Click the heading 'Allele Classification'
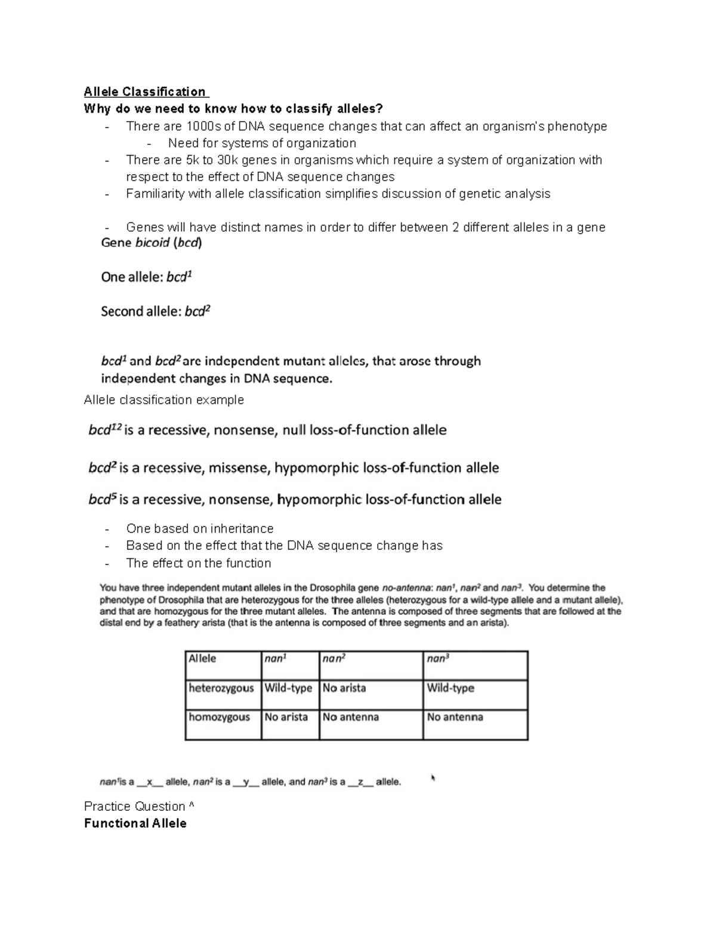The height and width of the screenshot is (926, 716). click(x=146, y=92)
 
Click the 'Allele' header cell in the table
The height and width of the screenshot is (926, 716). click(x=202, y=659)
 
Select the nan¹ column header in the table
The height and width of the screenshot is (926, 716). click(x=276, y=659)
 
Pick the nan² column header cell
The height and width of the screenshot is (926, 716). click(x=335, y=659)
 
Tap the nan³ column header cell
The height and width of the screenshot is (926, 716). click(x=439, y=659)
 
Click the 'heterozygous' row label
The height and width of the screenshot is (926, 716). click(x=221, y=688)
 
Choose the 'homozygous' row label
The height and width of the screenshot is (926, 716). click(x=219, y=717)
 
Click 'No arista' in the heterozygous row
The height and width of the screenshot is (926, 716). click(x=344, y=688)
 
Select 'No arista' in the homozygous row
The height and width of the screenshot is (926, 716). click(x=286, y=717)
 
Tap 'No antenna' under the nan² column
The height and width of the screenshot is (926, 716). click(x=351, y=717)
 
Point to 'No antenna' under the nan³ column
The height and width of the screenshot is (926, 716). click(x=455, y=717)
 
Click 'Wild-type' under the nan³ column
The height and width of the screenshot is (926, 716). click(x=450, y=688)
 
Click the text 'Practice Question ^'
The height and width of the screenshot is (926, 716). click(x=139, y=807)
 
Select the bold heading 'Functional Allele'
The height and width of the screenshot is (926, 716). click(x=135, y=823)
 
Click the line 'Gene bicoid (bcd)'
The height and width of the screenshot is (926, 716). click(x=152, y=243)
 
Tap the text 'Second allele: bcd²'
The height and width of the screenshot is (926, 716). click(x=156, y=311)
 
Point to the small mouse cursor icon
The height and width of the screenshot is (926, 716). click(x=433, y=778)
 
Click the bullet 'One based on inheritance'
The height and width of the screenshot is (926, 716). click(x=200, y=529)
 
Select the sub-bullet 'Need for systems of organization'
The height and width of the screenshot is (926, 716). click(x=262, y=143)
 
